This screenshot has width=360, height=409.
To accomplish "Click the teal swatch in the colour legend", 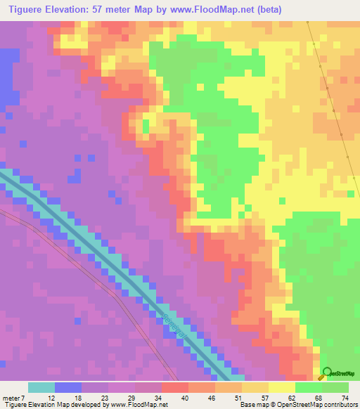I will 41,387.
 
